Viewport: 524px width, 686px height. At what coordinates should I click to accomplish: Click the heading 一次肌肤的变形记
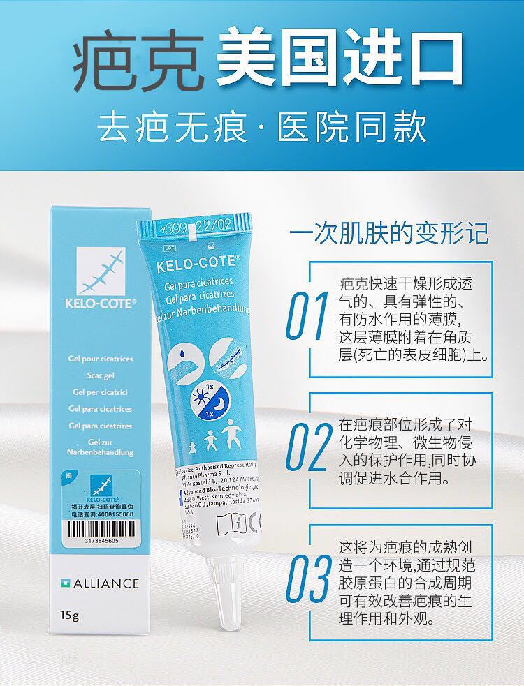[x=389, y=232]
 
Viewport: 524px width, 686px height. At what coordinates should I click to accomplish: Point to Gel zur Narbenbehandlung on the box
[x=101, y=447]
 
